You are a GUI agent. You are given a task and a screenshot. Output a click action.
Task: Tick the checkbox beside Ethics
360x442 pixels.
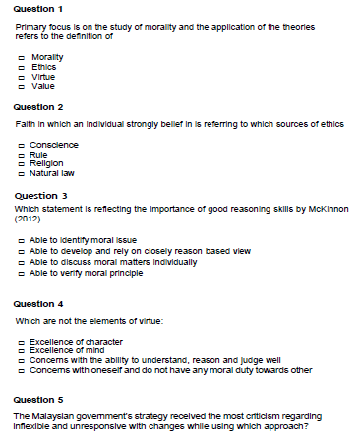[22, 68]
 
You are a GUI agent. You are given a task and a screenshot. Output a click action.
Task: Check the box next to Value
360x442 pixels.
[22, 86]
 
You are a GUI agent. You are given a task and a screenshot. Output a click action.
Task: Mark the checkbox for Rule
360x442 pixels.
[22, 155]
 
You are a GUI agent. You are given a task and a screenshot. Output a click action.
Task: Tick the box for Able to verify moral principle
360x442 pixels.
[22, 273]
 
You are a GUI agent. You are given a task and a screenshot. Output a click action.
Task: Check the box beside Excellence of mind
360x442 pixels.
[22, 349]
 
